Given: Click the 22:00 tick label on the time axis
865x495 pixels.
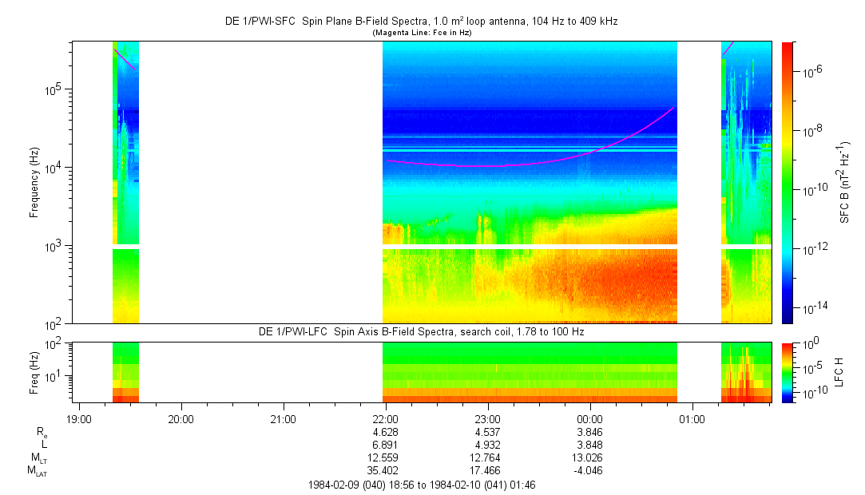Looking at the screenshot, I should tap(385, 419).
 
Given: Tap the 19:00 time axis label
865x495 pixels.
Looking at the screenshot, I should tap(79, 419).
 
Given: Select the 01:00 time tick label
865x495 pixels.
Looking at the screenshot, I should tap(691, 419).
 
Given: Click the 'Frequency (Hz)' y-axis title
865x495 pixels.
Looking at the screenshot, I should tap(34, 183).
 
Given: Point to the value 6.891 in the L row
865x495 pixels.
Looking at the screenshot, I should tap(385, 445).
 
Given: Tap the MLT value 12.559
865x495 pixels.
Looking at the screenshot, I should tap(385, 457).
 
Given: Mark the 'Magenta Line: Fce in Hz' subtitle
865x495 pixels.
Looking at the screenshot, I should tap(421, 32).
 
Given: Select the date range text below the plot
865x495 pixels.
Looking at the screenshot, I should tap(421, 485).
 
